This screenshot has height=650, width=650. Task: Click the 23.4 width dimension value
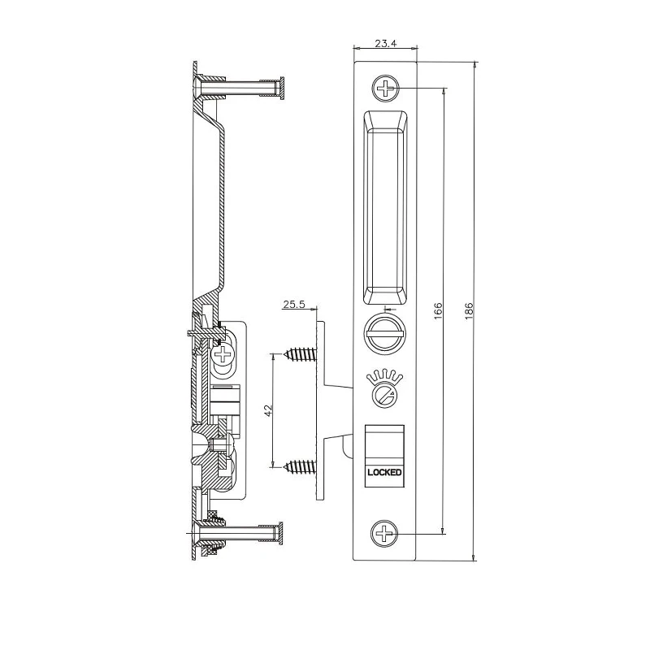pyautogui.click(x=385, y=44)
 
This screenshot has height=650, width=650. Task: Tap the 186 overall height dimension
pyautogui.click(x=469, y=311)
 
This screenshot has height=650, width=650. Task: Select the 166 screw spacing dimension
pyautogui.click(x=438, y=311)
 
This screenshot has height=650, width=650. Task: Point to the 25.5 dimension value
pyautogui.click(x=293, y=305)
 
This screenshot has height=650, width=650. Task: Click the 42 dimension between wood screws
pyautogui.click(x=268, y=410)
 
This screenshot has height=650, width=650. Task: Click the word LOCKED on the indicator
pyautogui.click(x=384, y=472)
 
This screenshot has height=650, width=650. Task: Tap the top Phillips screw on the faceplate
pyautogui.click(x=385, y=89)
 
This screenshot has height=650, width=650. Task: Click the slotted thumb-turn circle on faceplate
pyautogui.click(x=383, y=334)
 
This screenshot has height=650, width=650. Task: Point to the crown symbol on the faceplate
pyautogui.click(x=384, y=376)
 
